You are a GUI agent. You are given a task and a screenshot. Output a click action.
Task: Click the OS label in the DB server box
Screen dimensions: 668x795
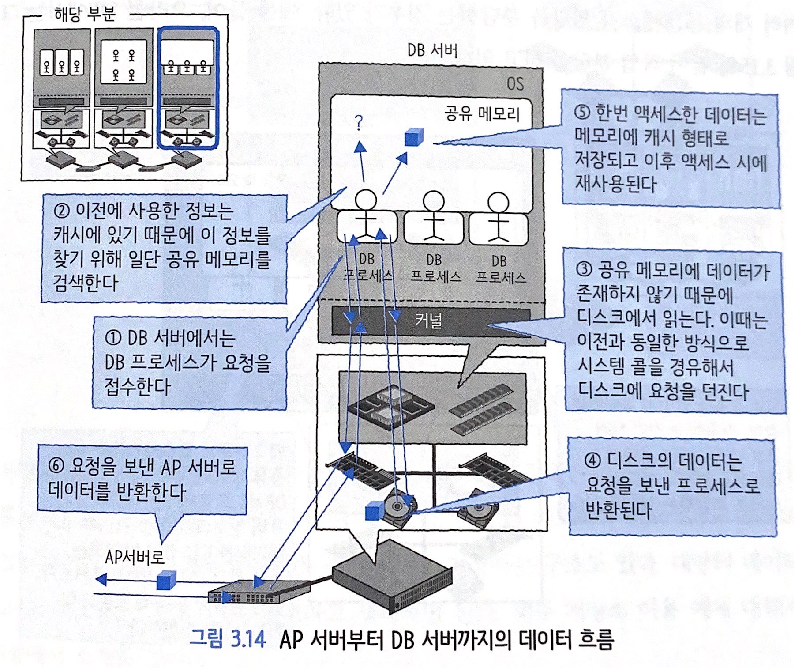[515, 83]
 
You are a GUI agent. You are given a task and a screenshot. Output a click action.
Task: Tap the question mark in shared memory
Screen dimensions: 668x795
[359, 122]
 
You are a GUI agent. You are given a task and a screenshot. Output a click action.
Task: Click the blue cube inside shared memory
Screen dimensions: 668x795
[414, 137]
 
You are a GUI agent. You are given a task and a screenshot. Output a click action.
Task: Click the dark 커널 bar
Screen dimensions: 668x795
[430, 320]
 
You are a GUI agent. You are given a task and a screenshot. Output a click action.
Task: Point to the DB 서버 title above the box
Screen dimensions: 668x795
[432, 50]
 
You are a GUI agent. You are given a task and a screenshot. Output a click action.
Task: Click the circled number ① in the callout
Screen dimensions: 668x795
[113, 338]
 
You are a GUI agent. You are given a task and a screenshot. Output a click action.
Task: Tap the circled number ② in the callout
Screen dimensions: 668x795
[62, 211]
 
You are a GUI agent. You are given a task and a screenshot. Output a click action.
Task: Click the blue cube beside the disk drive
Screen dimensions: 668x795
[375, 511]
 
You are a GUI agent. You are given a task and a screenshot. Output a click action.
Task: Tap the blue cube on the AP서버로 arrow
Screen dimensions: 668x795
[166, 580]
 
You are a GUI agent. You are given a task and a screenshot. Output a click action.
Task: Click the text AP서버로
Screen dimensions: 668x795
[135, 558]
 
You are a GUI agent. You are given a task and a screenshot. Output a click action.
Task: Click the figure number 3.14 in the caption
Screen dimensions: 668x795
[248, 638]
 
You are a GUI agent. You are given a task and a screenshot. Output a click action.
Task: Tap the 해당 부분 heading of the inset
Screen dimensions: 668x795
[85, 14]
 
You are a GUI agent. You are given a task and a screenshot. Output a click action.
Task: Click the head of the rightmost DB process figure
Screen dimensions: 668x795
[498, 204]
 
